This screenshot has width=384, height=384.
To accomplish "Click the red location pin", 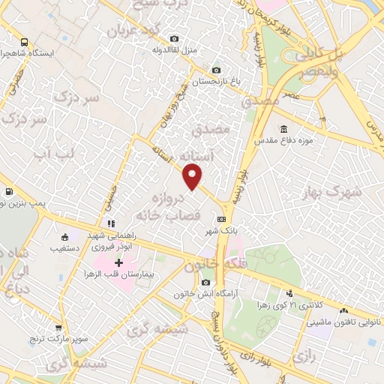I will coord(193,177).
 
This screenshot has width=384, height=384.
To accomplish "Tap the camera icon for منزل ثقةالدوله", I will coord(175,38).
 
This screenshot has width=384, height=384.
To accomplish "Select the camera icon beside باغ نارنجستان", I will coord(217,70).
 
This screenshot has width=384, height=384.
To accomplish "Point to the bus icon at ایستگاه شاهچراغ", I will coord(25,43).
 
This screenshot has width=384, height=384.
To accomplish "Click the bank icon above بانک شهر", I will coord(220,219).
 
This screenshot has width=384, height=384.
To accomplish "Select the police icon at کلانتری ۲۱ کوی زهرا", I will coord(289,293).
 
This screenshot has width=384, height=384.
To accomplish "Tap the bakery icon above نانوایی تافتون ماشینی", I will coord(344,310).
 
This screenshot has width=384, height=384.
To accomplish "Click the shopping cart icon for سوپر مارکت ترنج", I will coord(58,327).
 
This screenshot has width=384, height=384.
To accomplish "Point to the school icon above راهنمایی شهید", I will coord(111,223).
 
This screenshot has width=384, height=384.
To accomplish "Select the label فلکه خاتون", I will coord(213,264).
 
